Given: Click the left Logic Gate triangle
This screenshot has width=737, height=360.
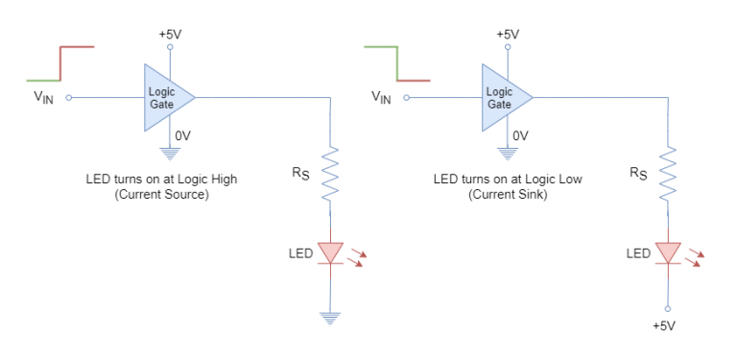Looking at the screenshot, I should [165, 97].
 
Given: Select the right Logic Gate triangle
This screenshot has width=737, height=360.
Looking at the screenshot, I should [503, 97].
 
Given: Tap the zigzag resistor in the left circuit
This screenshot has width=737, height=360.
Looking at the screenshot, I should [330, 173].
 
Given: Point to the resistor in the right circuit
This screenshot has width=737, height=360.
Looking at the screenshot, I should [668, 173].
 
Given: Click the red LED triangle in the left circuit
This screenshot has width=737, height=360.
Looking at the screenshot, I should [330, 252].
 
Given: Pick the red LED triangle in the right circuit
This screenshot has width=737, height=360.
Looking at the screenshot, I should [668, 252].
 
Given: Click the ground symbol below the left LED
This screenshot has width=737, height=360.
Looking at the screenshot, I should [330, 318].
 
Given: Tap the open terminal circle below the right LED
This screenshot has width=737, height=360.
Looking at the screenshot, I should [668, 309].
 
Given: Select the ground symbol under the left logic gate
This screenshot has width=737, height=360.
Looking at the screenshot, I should [170, 154].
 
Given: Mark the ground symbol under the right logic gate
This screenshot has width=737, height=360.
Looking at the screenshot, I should [508, 154].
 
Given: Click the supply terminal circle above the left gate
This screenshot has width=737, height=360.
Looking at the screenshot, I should [170, 46].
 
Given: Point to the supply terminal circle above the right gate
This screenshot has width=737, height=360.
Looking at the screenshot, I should [508, 46].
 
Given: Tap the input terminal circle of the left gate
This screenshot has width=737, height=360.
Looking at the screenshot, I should [68, 97].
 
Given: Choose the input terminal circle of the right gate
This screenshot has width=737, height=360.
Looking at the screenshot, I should [406, 97].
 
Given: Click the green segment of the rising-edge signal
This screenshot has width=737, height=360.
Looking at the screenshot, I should [42, 81].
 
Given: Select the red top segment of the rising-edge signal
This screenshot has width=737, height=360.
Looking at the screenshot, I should [79, 46].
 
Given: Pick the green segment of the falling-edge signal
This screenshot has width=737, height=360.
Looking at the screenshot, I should [380, 46].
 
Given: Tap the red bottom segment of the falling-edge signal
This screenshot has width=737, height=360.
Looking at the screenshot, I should [415, 81].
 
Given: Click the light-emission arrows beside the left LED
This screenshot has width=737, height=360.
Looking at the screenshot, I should [356, 257].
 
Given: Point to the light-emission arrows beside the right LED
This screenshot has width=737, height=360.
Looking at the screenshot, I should [694, 257].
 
